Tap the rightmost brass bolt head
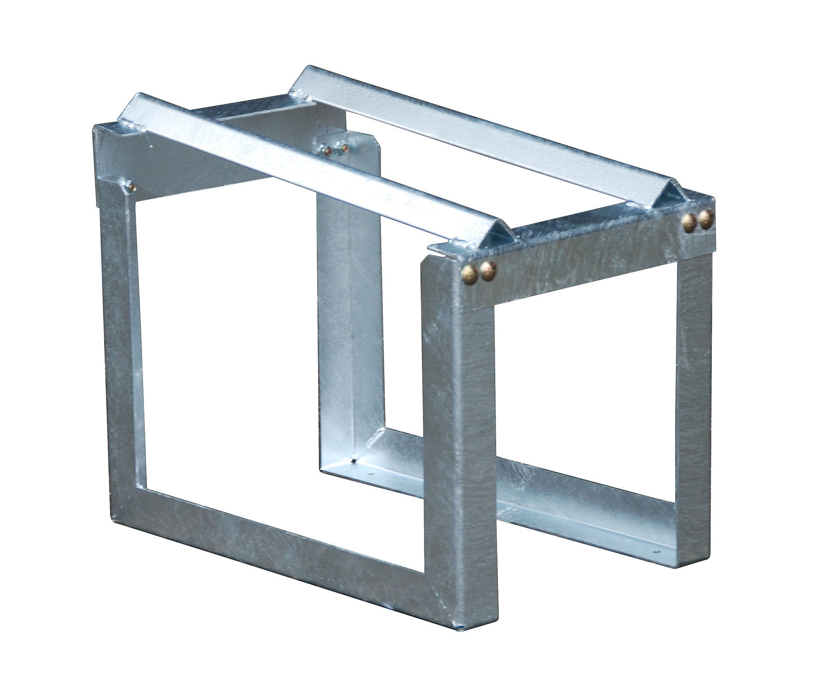pos(705,219)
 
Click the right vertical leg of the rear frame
pos(693,394)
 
